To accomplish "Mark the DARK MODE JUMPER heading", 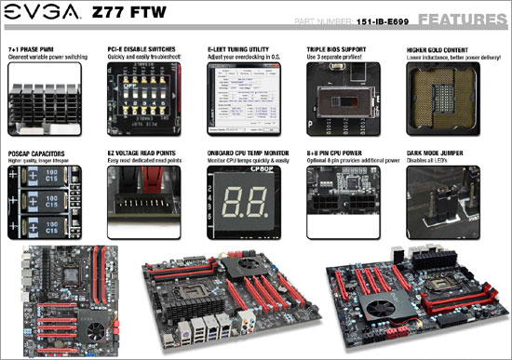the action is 434,150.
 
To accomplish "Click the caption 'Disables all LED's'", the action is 429,157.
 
